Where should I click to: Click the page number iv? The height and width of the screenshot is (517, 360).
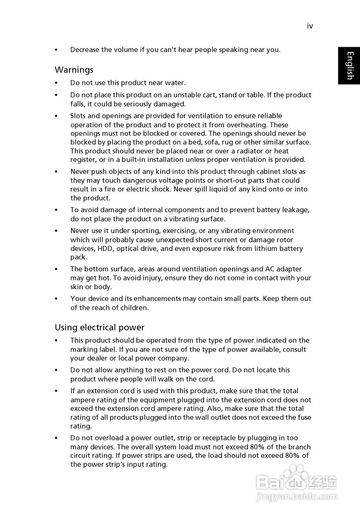click(x=310, y=26)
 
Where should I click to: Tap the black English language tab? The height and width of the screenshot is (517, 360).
click(x=349, y=65)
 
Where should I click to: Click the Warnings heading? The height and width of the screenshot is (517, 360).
click(x=74, y=70)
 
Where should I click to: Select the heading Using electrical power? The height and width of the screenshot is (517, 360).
click(x=99, y=328)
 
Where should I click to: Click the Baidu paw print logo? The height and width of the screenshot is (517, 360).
click(x=296, y=475)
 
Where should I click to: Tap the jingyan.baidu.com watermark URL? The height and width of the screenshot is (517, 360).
click(x=297, y=496)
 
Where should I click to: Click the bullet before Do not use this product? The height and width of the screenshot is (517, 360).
click(x=57, y=83)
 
